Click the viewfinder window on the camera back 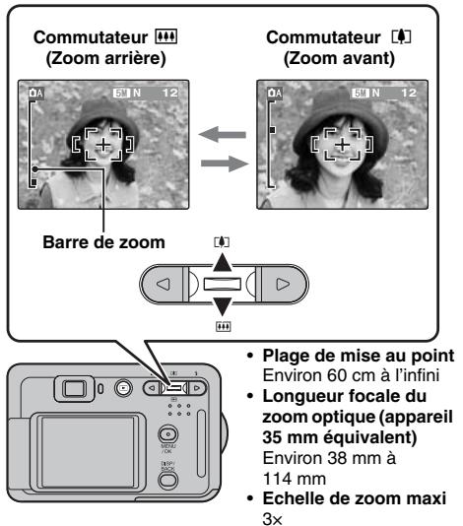coord(76,385)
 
